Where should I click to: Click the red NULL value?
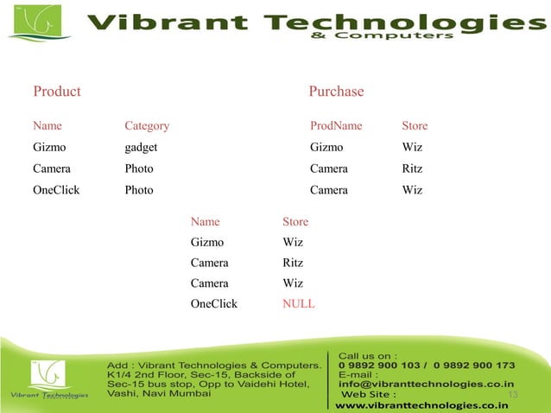click(298, 304)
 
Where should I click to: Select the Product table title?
click(57, 92)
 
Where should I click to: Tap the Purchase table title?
click(336, 92)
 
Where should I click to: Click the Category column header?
click(147, 126)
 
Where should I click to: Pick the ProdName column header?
click(336, 126)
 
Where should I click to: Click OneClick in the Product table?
click(56, 190)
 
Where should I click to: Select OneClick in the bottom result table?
click(213, 304)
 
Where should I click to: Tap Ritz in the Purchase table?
click(412, 168)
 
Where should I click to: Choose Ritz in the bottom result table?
click(293, 263)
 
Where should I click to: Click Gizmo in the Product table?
click(49, 148)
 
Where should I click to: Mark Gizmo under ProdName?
click(326, 148)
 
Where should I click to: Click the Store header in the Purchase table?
click(415, 126)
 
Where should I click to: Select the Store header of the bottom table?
click(295, 222)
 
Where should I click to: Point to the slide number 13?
click(512, 395)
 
